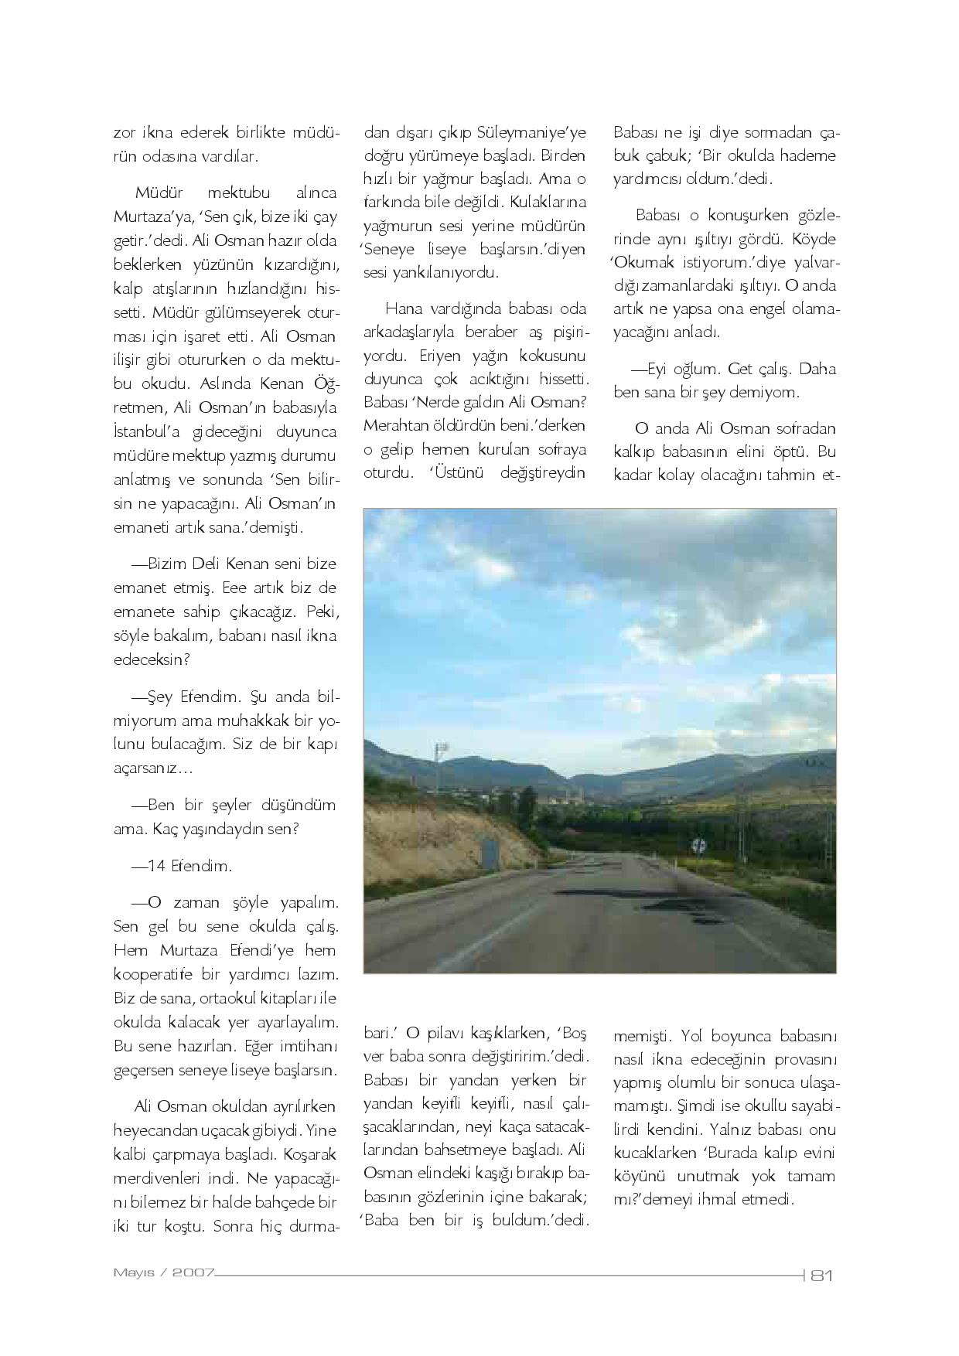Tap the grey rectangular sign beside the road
click(490, 855)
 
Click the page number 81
click(820, 1275)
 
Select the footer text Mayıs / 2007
click(163, 1272)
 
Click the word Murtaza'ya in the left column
click(149, 215)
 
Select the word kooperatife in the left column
click(158, 974)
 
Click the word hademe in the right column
click(808, 155)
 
